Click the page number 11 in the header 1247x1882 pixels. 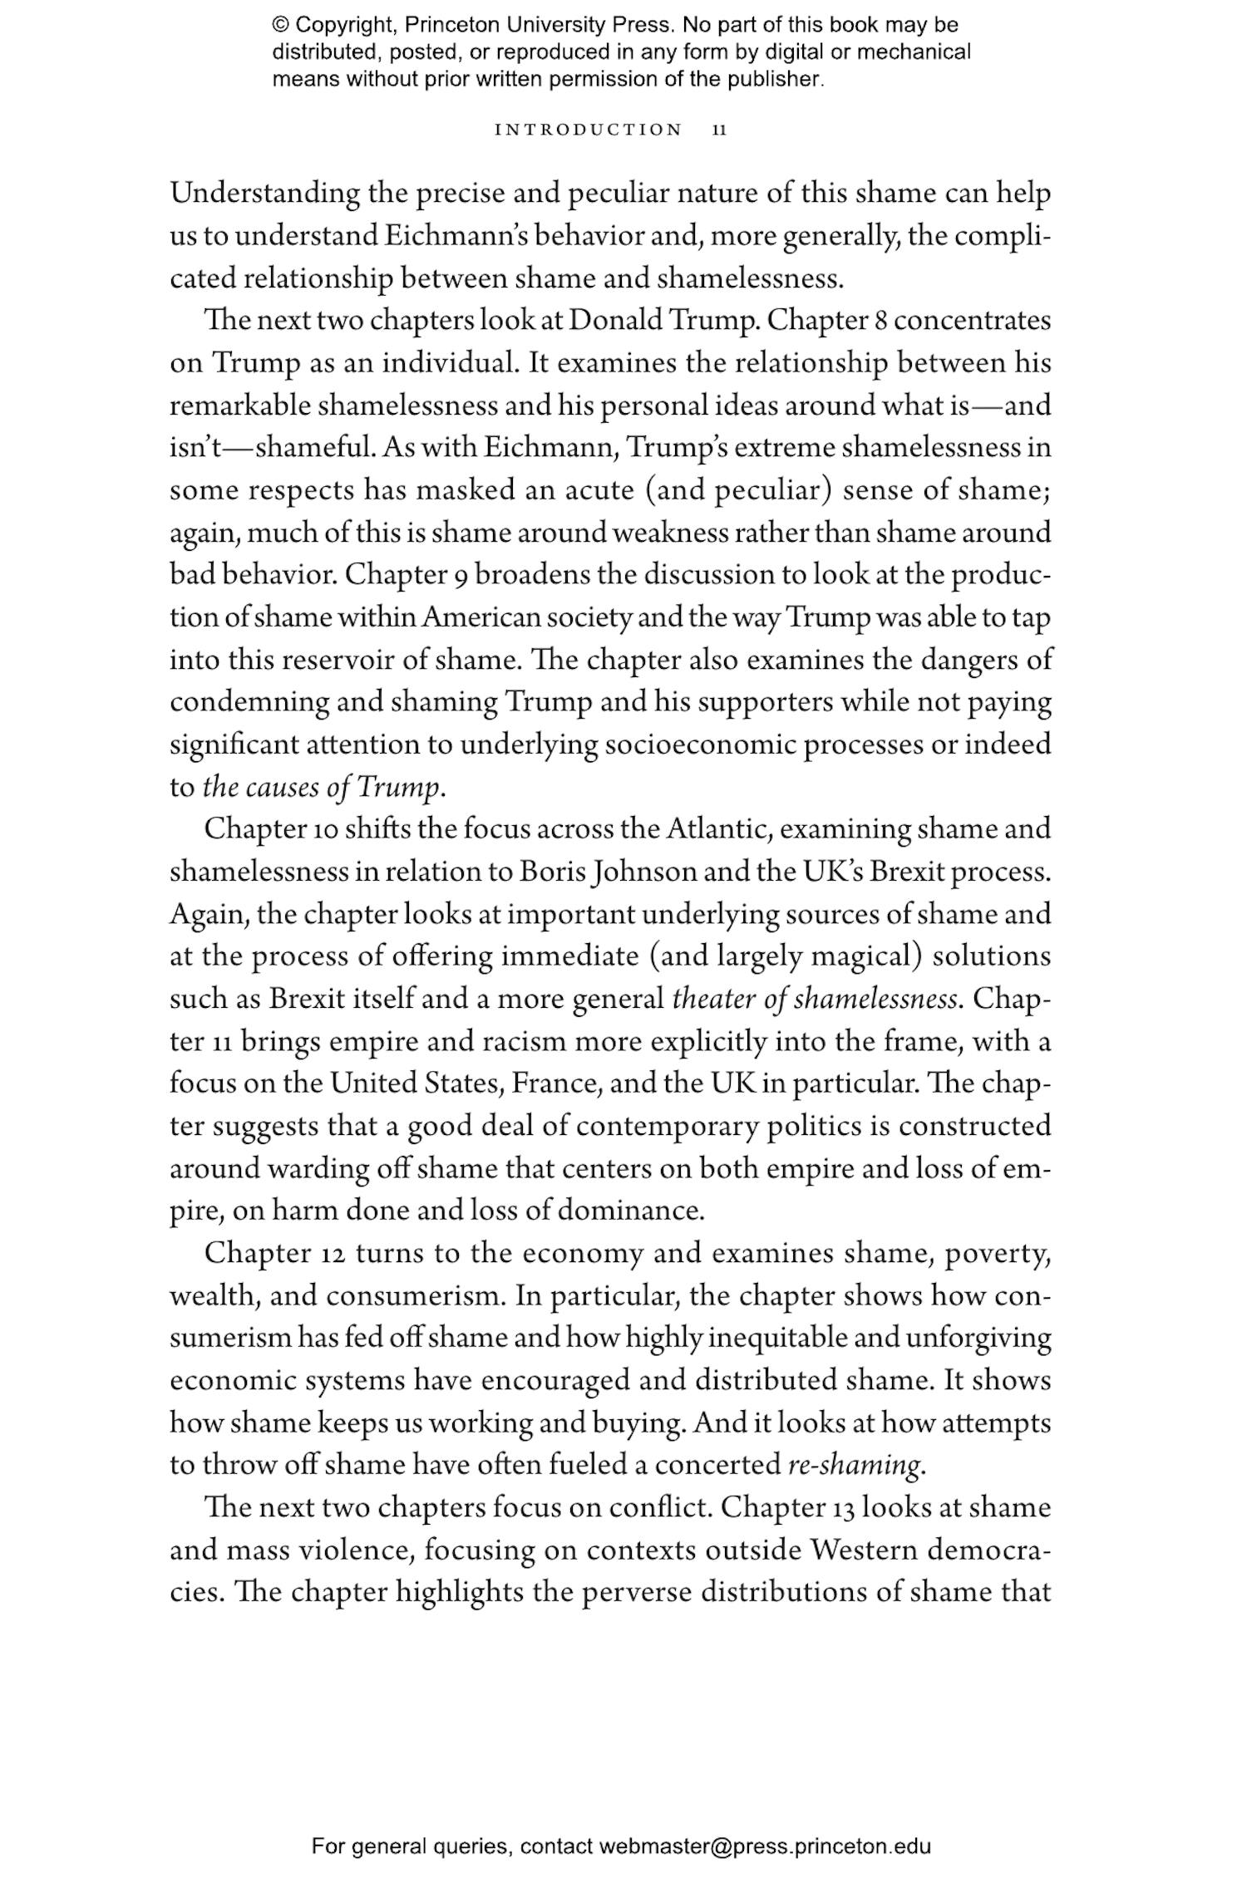pos(720,130)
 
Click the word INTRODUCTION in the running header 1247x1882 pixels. pos(588,130)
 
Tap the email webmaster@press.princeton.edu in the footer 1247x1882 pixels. pos(764,1846)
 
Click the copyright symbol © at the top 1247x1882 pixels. pos(279,25)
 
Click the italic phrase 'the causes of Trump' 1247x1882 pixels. pos(321,787)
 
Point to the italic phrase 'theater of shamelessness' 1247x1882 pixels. pos(815,999)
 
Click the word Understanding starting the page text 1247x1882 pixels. pos(265,194)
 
